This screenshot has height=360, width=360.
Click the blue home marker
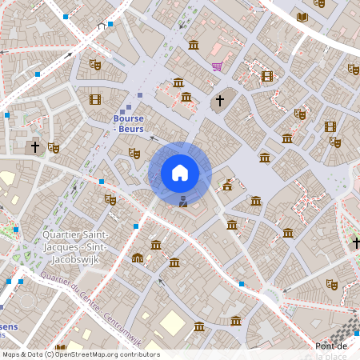(x=180, y=172)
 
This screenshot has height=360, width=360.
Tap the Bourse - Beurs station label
(x=128, y=123)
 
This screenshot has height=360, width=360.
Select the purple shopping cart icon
(x=217, y=66)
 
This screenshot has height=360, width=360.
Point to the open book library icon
(x=302, y=17)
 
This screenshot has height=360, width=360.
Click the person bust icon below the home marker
(x=183, y=200)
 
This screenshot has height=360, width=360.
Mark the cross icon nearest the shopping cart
(x=219, y=102)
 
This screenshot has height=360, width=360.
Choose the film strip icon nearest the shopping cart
(x=267, y=77)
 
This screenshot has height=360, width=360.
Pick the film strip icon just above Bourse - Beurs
(x=95, y=99)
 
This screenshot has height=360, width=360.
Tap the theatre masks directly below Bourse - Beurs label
(x=134, y=153)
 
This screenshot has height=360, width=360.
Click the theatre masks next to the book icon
(x=320, y=4)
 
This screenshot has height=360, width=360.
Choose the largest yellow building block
(x=172, y=322)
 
